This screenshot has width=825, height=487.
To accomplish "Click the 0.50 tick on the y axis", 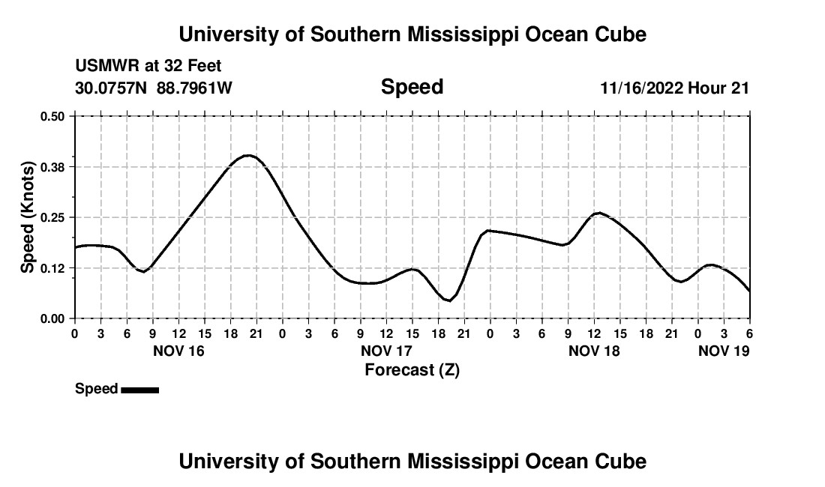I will tap(52, 116).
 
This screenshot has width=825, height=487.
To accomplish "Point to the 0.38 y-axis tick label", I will tap(52, 166).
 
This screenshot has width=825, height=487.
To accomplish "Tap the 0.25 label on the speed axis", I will tap(52, 217).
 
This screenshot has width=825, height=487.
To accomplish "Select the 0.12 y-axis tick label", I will tap(52, 268).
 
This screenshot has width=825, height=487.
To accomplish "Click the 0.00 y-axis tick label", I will tap(52, 319).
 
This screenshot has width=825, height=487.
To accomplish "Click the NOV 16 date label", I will tap(179, 351).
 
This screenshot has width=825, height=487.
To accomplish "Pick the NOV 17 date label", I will tap(386, 351).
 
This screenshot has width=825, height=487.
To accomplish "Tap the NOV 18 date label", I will tap(594, 351).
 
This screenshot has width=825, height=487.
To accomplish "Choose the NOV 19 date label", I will tap(724, 351).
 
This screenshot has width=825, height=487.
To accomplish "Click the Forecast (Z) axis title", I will tap(412, 369).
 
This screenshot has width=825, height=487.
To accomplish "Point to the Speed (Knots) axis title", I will tap(28, 217).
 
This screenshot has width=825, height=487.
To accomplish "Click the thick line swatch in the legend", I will tap(139, 390).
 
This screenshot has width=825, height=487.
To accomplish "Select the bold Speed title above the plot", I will tap(412, 87).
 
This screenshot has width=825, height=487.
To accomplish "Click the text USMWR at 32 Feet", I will tap(148, 66).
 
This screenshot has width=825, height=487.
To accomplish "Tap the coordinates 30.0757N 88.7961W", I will tap(154, 88).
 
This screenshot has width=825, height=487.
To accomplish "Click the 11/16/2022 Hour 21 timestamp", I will tap(674, 88).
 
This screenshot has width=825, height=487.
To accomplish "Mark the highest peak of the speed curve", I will tap(249, 155).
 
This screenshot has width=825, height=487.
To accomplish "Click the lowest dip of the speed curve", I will tap(448, 300).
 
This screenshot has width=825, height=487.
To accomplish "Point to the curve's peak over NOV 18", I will tap(598, 213).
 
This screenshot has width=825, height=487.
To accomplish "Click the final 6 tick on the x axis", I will tap(749, 333).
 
